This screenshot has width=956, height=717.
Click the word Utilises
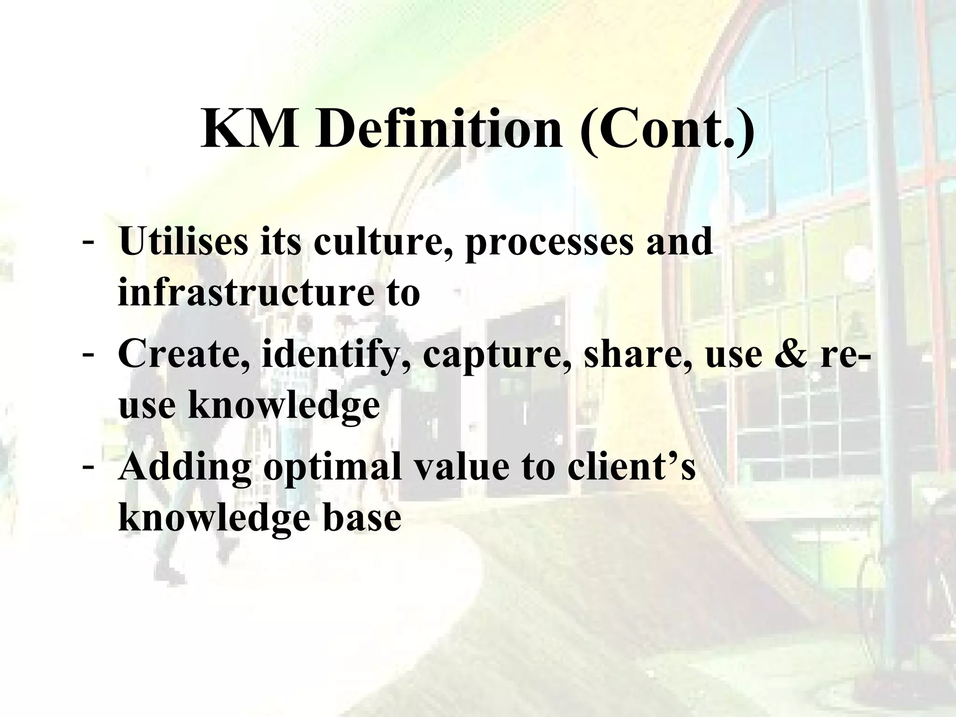point(183,241)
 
